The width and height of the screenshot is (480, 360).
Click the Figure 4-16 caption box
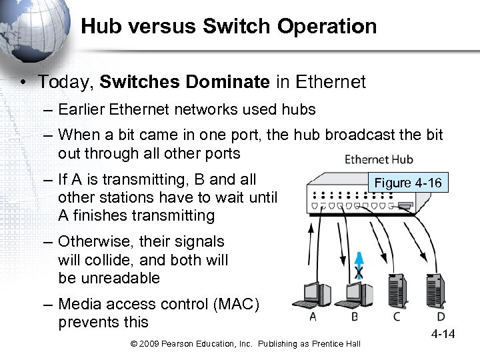pyautogui.click(x=408, y=183)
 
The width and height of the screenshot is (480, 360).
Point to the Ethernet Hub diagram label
pyautogui.click(x=379, y=159)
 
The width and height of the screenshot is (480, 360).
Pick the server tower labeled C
pyautogui.click(x=399, y=289)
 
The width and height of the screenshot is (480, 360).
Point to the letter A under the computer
pyautogui.click(x=313, y=317)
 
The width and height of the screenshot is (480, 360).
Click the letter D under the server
pyautogui.click(x=441, y=317)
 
